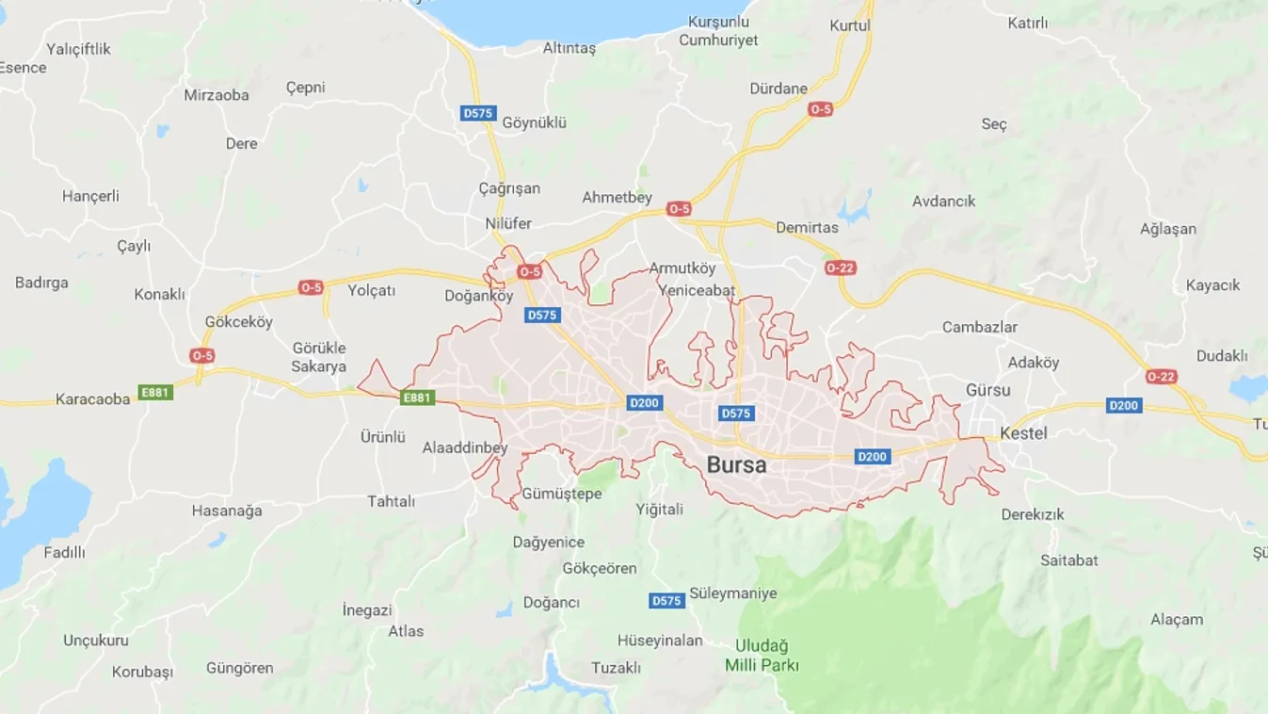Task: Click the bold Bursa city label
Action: click(736, 465)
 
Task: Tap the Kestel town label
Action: click(1023, 433)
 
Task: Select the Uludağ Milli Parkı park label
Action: click(762, 656)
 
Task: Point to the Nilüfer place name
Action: click(508, 223)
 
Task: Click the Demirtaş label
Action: click(807, 227)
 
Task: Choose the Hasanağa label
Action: click(227, 511)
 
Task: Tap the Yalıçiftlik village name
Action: click(79, 49)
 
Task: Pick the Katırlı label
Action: click(1028, 23)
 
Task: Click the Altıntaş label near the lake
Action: click(570, 48)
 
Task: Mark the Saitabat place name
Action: click(1069, 560)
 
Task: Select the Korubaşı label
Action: click(143, 673)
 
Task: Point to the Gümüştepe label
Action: click(561, 494)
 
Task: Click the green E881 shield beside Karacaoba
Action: click(155, 392)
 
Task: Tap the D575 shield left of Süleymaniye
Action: click(666, 601)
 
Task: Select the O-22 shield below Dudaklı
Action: click(1162, 377)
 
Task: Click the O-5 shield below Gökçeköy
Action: click(202, 355)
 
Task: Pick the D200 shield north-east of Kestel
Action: click(1124, 406)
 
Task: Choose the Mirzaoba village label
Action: click(217, 95)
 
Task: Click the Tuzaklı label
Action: click(616, 667)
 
